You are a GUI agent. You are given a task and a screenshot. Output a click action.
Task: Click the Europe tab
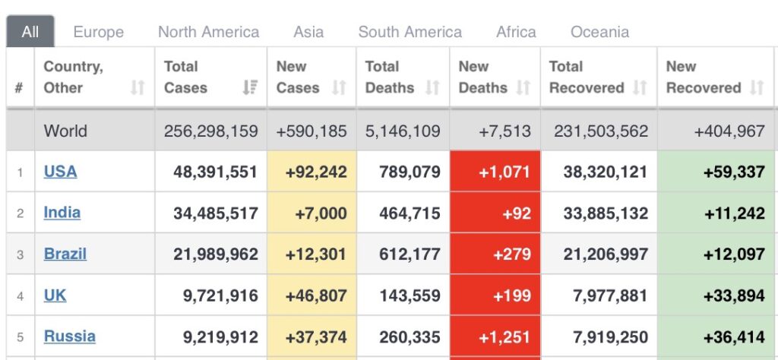click(x=98, y=32)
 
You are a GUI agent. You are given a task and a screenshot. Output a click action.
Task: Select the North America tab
click(x=208, y=32)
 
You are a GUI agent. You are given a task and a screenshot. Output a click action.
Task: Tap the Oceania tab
click(x=599, y=32)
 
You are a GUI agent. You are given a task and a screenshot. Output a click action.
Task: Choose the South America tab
click(x=410, y=32)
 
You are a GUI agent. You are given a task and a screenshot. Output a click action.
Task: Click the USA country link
click(x=60, y=172)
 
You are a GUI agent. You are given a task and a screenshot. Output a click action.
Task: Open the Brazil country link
click(x=65, y=254)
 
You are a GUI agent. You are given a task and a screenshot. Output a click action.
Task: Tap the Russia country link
click(x=69, y=336)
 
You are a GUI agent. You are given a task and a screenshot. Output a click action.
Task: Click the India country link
click(x=62, y=213)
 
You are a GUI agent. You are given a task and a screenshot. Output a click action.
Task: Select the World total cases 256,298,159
click(x=210, y=131)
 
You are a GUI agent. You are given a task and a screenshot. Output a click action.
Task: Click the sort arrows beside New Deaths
click(x=523, y=87)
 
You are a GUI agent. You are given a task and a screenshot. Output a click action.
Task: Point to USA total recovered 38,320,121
click(x=606, y=172)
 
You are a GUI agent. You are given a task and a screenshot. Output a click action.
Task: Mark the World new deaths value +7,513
click(x=504, y=131)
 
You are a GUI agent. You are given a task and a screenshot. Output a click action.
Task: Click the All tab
click(x=30, y=32)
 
